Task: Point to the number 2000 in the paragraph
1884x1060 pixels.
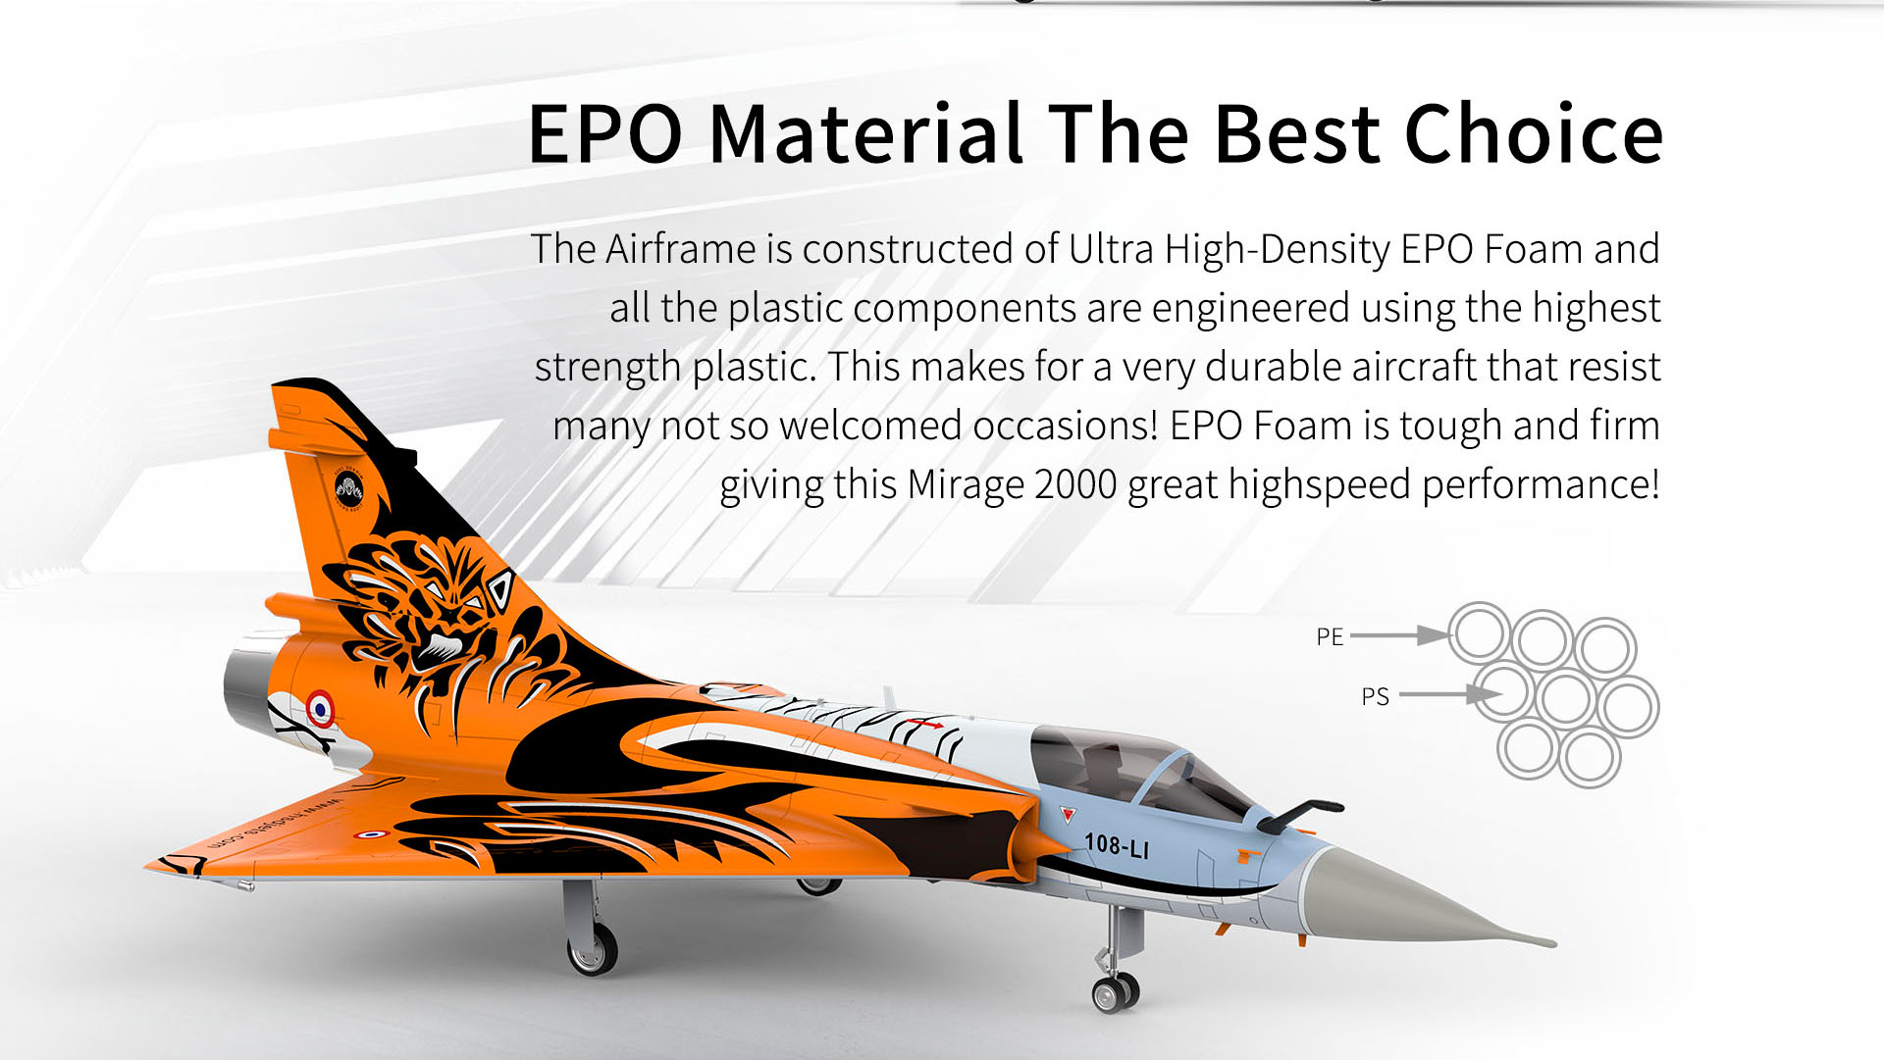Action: [x=1075, y=484]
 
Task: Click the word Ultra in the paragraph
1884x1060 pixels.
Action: [x=1111, y=249]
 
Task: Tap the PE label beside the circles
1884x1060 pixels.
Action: [x=1330, y=637]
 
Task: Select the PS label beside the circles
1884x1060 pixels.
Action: [x=1375, y=697]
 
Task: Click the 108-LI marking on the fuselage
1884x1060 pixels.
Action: [x=1117, y=845]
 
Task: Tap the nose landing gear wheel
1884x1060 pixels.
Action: [x=1115, y=992]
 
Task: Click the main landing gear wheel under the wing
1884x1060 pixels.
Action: [x=593, y=948]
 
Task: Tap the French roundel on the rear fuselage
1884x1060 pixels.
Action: [x=320, y=707]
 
